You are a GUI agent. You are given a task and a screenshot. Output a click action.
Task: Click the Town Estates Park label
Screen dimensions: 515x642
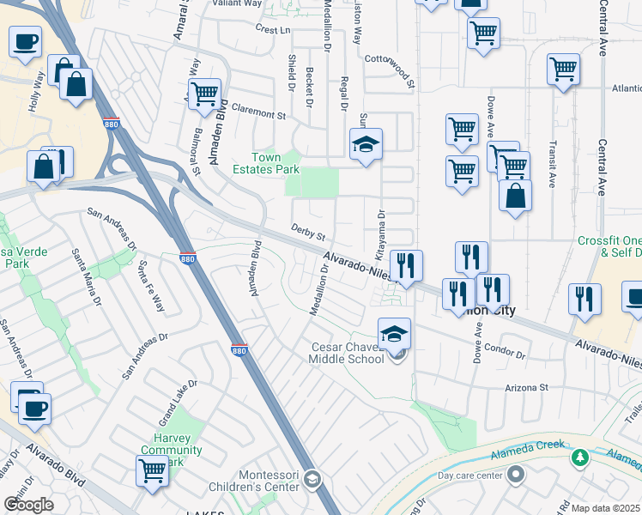pyautogui.click(x=264, y=163)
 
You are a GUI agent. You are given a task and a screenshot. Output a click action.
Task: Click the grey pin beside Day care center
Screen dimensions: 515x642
pyautogui.click(x=515, y=474)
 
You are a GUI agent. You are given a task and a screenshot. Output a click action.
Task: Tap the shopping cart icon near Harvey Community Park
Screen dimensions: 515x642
pyautogui.click(x=152, y=470)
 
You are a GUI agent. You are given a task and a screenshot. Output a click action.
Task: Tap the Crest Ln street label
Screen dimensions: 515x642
pyautogui.click(x=272, y=30)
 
